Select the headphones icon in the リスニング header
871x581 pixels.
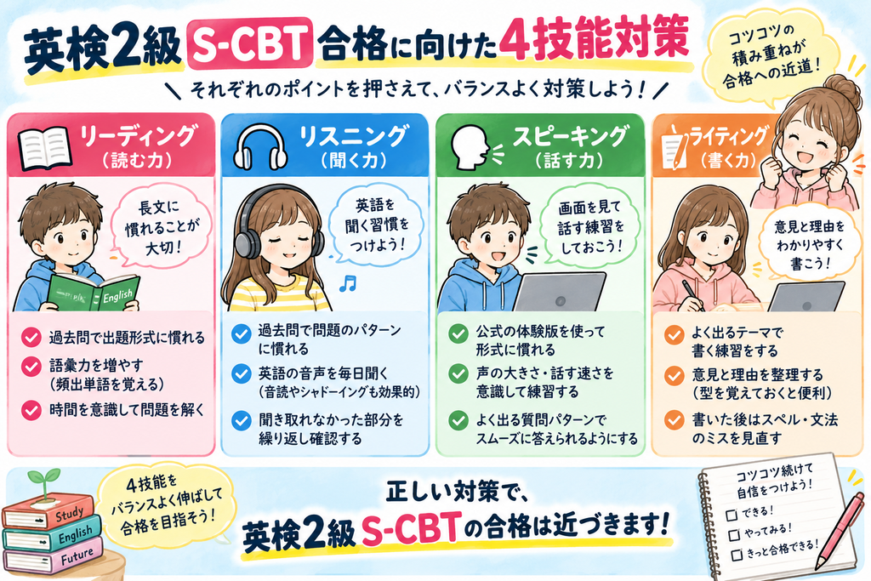pos(260,146)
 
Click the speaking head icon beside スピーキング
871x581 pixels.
pos(473,146)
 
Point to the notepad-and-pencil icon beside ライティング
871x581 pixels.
pos(674,146)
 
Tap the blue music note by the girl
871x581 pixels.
pos(348,283)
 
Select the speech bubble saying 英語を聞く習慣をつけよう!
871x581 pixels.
pos(375,225)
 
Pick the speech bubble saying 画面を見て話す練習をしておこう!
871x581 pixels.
pos(590,226)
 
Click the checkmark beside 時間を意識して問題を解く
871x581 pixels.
pos(31,411)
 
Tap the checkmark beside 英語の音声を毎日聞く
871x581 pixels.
pos(241,373)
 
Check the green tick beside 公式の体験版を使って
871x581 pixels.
pos(458,333)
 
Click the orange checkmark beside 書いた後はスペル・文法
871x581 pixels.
pos(675,420)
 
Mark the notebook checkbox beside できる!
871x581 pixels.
pos(732,515)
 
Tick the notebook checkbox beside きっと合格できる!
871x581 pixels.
pos(737,555)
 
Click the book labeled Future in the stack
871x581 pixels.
pos(54,556)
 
